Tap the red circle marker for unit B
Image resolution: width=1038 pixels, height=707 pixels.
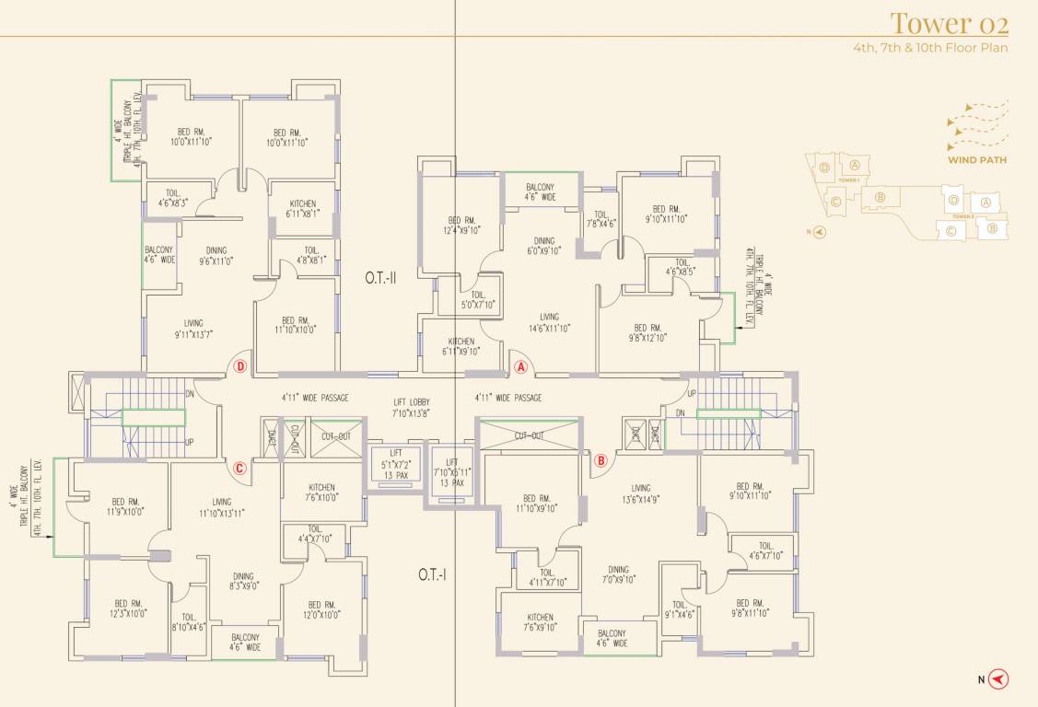[x=601, y=460]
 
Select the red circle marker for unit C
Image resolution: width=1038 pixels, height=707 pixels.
[x=239, y=468]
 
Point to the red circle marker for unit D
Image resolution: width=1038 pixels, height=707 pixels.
[x=239, y=366]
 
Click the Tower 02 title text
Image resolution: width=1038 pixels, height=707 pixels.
[x=949, y=22]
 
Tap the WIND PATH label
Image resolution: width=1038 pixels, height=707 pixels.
[x=976, y=159]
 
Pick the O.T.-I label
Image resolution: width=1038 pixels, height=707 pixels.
[x=432, y=574]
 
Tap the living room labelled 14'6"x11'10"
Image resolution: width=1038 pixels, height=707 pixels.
[x=549, y=322]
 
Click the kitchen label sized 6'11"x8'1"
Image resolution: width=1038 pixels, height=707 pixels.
[x=303, y=209]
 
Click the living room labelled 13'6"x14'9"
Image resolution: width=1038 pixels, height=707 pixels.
[x=641, y=494]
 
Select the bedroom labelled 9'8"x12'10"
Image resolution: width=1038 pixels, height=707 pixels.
[x=648, y=332]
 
